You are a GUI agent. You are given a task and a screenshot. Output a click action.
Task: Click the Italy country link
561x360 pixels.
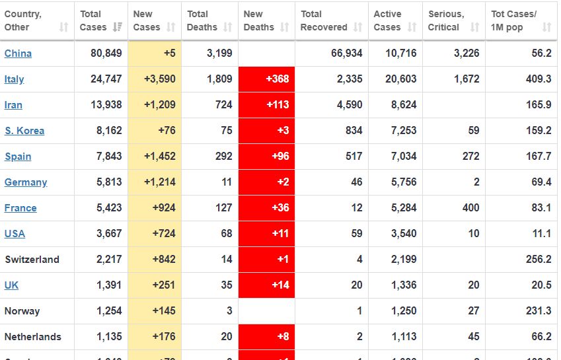click(x=14, y=79)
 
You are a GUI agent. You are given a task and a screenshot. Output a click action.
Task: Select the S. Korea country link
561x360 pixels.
click(x=24, y=131)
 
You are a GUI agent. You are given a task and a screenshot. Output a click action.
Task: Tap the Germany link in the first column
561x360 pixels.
click(x=26, y=182)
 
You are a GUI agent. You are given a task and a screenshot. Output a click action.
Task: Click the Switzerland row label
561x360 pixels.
click(x=32, y=260)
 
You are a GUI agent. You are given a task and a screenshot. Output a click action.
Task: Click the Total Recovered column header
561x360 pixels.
click(x=324, y=20)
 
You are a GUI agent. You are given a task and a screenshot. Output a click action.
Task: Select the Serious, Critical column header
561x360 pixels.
click(x=446, y=20)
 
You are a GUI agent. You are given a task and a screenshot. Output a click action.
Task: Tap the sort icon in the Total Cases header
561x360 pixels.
click(x=118, y=27)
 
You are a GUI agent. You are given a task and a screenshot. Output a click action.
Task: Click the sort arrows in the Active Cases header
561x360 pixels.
click(x=412, y=27)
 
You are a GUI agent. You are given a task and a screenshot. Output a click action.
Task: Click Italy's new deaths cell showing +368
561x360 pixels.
click(x=277, y=79)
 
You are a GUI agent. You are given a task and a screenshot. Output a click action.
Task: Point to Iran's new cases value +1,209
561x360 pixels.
click(x=159, y=105)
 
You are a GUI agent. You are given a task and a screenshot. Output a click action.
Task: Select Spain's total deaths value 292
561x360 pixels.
click(x=223, y=157)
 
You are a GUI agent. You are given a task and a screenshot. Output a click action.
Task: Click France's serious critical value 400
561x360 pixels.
click(x=470, y=208)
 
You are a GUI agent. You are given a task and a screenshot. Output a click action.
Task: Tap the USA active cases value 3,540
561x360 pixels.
click(x=402, y=234)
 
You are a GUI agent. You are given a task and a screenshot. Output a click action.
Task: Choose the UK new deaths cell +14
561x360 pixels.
click(x=281, y=285)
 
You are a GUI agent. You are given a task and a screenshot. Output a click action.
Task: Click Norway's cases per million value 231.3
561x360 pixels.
click(x=539, y=311)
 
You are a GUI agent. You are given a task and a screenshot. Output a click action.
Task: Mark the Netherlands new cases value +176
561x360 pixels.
click(x=163, y=337)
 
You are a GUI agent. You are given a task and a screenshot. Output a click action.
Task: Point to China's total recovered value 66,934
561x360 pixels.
click(x=346, y=54)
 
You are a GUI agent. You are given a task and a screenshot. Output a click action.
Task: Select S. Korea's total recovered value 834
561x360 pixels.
click(x=354, y=131)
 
